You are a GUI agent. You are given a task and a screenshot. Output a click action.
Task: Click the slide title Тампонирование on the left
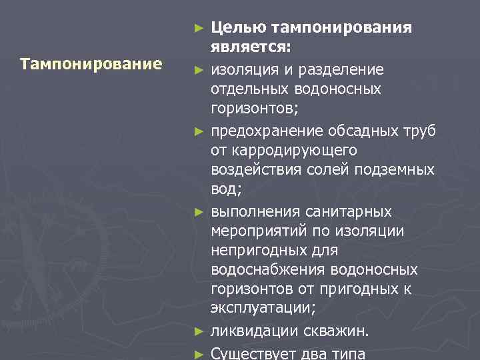91,65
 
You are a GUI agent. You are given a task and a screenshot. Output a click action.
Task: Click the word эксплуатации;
263,309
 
